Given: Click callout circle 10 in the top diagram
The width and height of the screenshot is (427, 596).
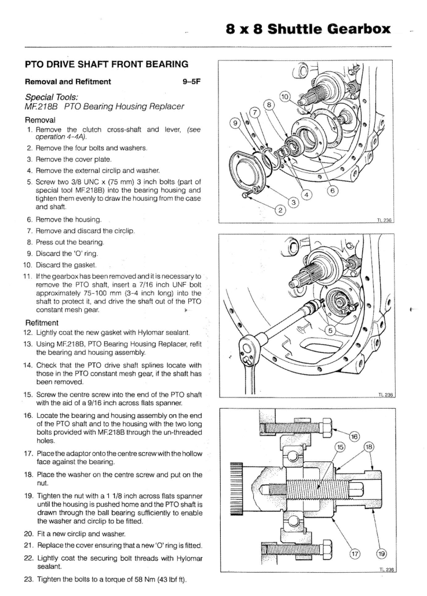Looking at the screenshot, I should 286,96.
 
